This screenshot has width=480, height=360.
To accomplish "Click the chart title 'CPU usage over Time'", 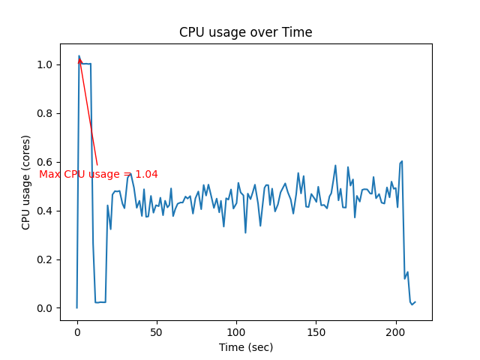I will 245,32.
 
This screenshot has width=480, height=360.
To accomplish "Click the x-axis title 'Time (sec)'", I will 245,347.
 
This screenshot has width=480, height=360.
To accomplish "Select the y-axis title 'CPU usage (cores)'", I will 26,182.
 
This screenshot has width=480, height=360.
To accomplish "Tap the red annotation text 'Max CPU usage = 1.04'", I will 98,175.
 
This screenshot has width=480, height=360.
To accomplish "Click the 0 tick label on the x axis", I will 76,331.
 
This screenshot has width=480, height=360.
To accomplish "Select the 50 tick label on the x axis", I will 157,331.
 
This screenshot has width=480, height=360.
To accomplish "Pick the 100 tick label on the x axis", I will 236,331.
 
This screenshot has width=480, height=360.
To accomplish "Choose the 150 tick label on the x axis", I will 316,331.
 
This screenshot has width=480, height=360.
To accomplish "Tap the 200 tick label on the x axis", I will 395,331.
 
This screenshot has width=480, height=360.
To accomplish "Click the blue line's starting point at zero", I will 76,307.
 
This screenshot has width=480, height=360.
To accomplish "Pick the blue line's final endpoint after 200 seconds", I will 415,301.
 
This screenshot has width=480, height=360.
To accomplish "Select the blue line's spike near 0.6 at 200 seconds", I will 402,161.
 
